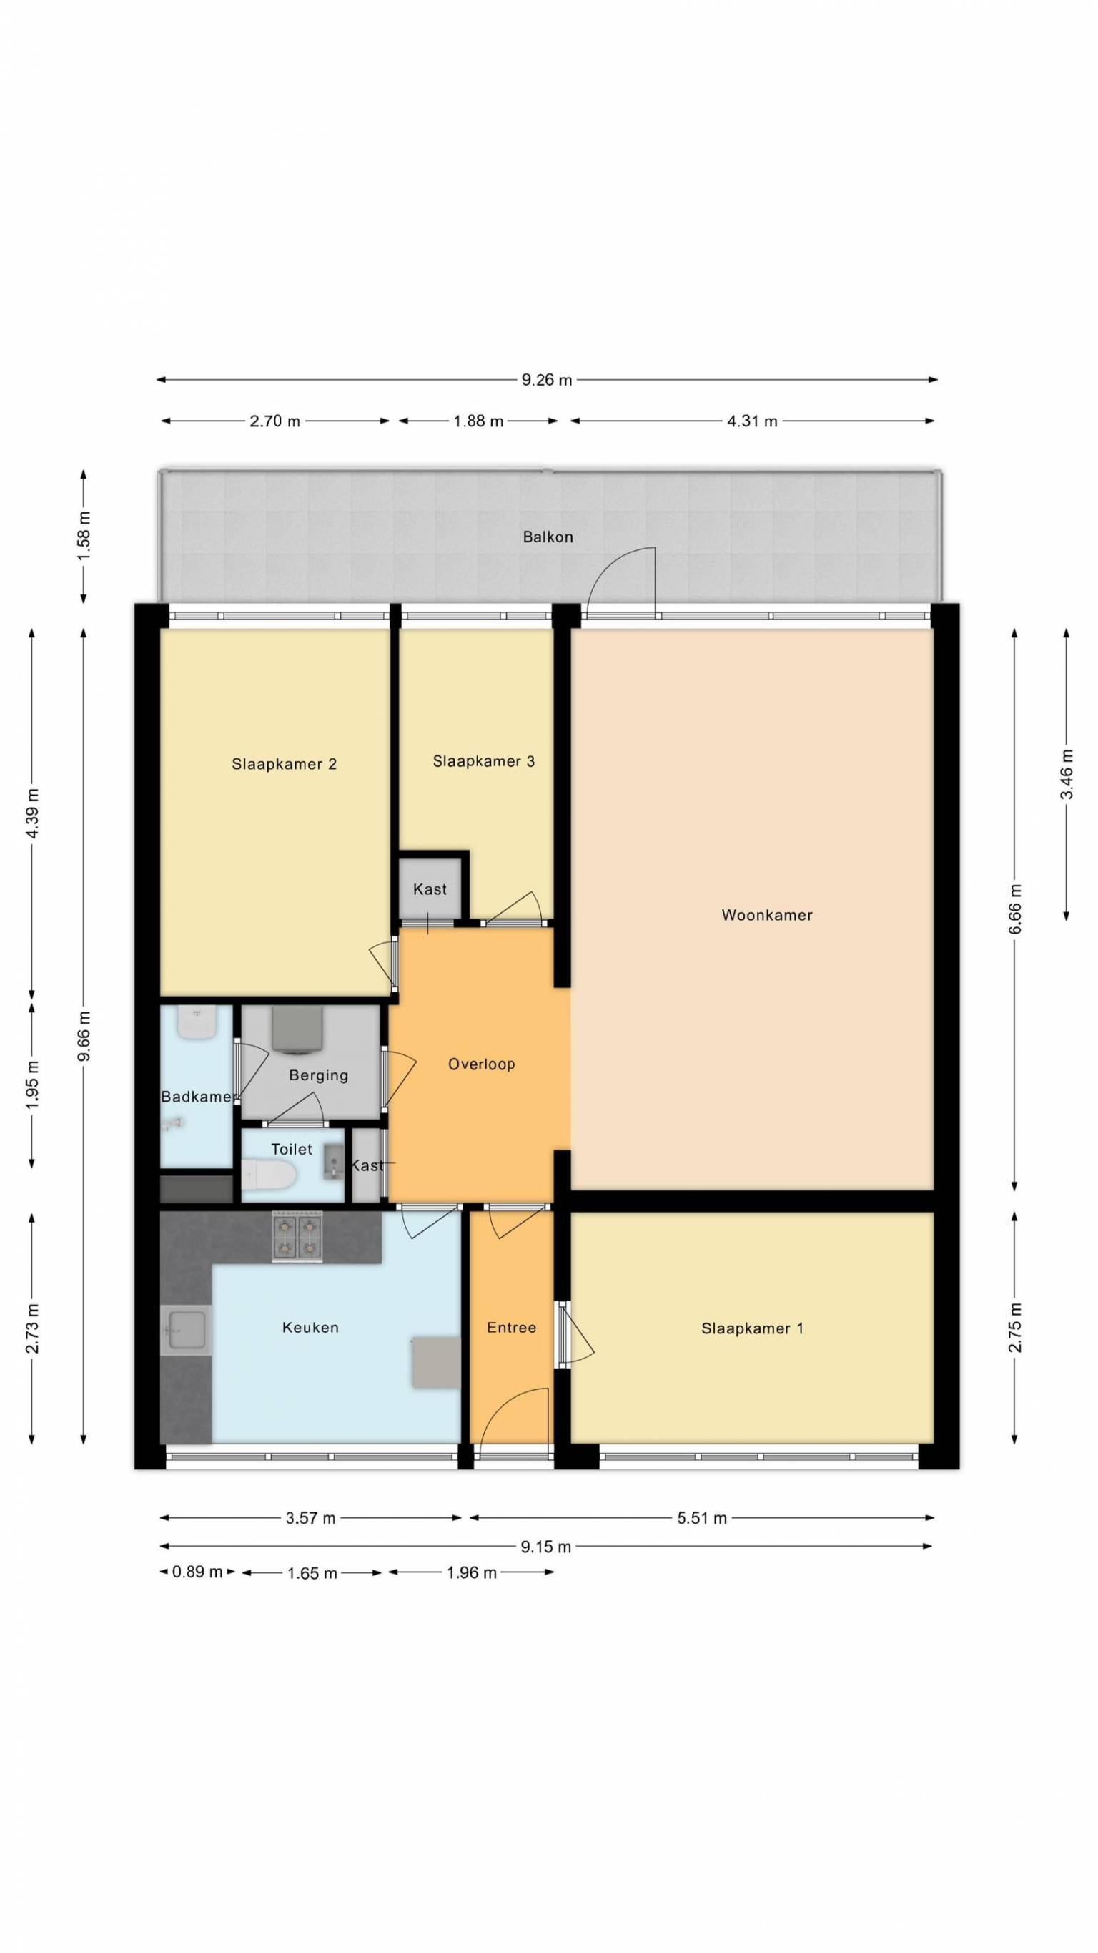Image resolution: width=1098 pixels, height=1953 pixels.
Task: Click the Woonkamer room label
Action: (766, 915)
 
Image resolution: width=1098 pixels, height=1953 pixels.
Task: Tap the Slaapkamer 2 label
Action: (285, 763)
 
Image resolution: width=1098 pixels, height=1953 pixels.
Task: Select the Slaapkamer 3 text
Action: (483, 760)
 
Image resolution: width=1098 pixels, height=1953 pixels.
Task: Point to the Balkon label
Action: (548, 537)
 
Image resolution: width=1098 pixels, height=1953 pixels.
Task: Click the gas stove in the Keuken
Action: (297, 1237)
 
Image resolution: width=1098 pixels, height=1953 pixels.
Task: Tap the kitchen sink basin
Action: (187, 1331)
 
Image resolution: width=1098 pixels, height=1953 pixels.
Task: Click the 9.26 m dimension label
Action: (546, 380)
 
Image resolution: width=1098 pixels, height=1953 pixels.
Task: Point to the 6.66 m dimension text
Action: (1014, 909)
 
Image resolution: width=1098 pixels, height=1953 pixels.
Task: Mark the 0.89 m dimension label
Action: (197, 1572)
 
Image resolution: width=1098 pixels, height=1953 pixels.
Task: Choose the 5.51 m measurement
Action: (702, 1518)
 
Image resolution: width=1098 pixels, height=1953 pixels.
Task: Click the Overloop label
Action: (481, 1064)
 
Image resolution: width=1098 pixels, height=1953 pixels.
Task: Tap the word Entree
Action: (512, 1328)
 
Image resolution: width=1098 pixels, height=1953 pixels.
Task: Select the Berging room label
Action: (318, 1075)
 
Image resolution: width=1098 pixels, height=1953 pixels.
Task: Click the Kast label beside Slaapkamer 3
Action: (430, 889)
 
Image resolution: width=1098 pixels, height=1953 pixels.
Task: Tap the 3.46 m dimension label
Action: (1067, 773)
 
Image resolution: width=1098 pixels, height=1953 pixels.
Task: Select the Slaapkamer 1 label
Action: (752, 1328)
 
